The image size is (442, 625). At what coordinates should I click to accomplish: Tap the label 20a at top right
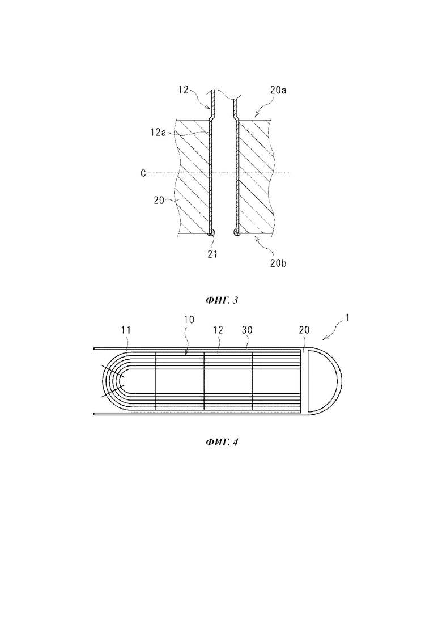(x=279, y=90)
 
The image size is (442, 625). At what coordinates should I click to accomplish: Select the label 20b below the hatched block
(x=278, y=263)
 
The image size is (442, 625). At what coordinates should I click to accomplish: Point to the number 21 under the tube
(x=212, y=253)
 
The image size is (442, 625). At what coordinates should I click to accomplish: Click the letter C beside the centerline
(x=143, y=173)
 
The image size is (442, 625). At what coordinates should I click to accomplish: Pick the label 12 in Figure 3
(x=183, y=91)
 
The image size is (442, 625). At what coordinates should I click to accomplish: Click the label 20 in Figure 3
(x=159, y=201)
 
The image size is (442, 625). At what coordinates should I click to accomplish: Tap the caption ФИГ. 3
(x=222, y=300)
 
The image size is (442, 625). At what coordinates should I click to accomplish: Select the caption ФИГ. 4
(x=222, y=441)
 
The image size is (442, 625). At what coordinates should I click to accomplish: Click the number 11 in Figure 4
(x=126, y=330)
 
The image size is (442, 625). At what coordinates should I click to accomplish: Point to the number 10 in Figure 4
(x=189, y=320)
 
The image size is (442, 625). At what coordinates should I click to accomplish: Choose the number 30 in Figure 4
(x=247, y=330)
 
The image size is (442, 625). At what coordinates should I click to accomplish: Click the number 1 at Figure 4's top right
(x=347, y=318)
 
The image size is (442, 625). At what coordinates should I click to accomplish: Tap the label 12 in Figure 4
(x=218, y=330)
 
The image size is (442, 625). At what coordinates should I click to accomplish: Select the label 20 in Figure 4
(x=304, y=330)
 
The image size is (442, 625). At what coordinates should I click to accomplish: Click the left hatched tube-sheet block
(x=193, y=176)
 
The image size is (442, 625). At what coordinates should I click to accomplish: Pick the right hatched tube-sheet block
(x=256, y=176)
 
